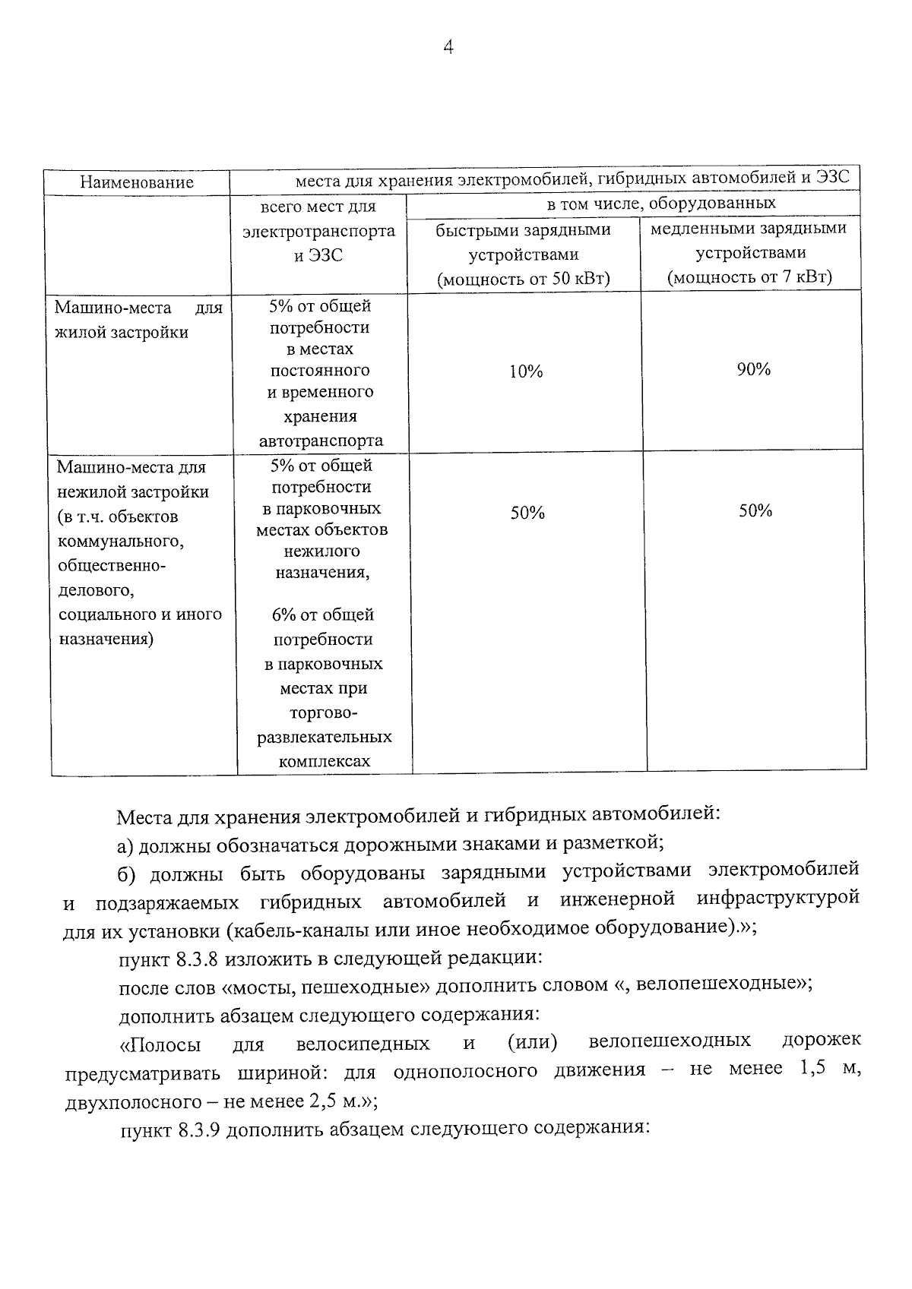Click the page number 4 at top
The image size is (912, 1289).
pos(448,48)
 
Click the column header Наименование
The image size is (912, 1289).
pos(137,182)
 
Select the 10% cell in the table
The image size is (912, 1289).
pos(526,371)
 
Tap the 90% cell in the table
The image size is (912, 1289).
pos(753,370)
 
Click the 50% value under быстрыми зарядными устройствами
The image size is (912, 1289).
pos(527,513)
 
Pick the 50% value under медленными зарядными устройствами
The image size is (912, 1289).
pos(755,511)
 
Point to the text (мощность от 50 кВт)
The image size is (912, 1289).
pos(524,280)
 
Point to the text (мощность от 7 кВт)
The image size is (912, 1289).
pos(749,277)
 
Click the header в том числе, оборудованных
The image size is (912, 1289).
pos(661,204)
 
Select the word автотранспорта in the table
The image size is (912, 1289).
pos(321,441)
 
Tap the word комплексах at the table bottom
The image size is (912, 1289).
pos(325,761)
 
